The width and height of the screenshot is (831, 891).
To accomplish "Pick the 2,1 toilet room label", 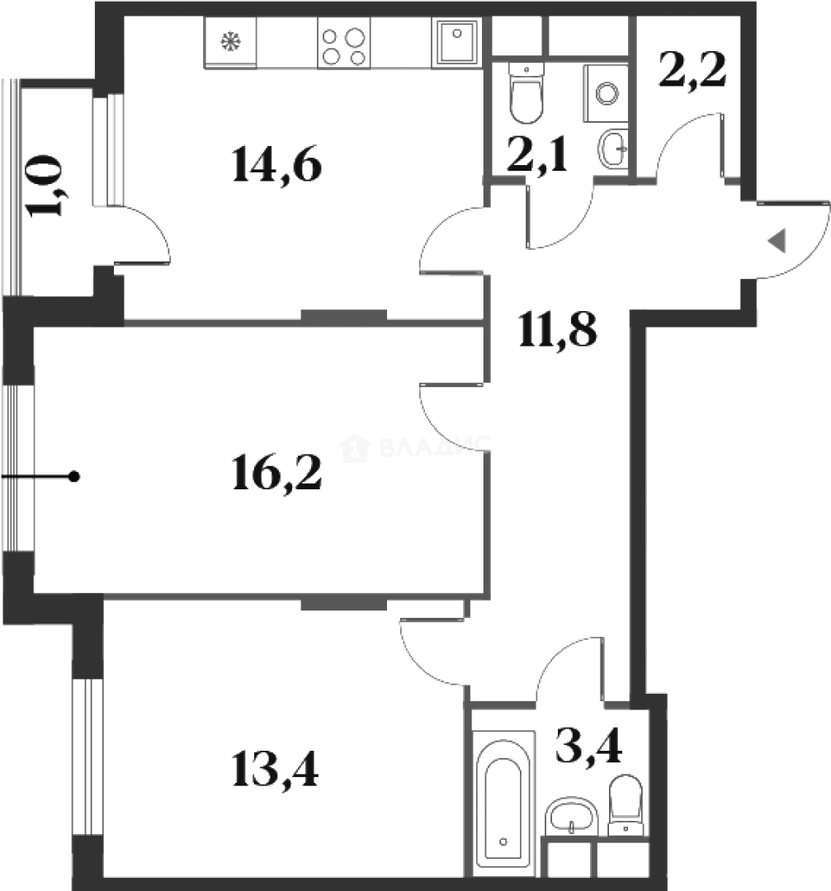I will (x=537, y=154).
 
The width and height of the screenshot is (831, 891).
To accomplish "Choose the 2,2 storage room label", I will (x=692, y=72).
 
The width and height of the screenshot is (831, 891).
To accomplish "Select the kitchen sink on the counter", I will (x=454, y=42).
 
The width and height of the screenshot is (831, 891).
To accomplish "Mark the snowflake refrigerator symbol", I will (x=230, y=44).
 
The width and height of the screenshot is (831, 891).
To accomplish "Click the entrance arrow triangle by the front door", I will (x=777, y=241).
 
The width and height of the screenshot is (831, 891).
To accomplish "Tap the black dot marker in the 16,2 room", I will (x=74, y=476).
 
